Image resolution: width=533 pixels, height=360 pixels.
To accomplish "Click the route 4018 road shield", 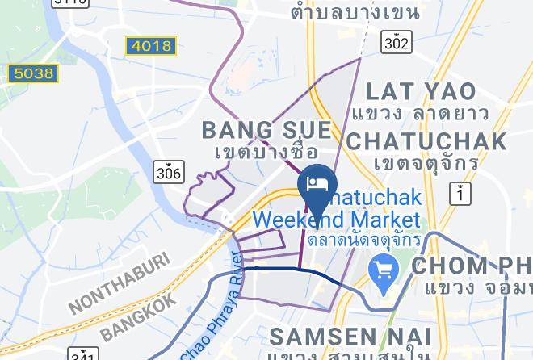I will [151, 46].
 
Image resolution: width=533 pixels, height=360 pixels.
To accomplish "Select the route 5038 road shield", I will [32, 74].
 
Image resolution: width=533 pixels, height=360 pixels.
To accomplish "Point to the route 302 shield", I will [397, 41].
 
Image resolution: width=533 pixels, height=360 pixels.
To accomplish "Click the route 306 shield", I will [168, 171].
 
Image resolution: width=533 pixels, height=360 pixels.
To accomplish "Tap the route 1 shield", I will [460, 193].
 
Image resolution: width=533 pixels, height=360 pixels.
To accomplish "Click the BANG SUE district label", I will [266, 130].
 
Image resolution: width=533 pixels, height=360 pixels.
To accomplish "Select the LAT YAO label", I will [421, 90].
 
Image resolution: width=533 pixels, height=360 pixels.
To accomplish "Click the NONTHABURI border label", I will [120, 283].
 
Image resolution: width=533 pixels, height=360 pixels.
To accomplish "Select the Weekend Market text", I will [337, 220].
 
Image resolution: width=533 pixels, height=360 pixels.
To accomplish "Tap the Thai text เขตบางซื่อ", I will [265, 152].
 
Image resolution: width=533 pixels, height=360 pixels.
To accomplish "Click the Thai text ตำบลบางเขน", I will [355, 12].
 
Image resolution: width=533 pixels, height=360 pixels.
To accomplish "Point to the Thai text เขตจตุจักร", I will [425, 163].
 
